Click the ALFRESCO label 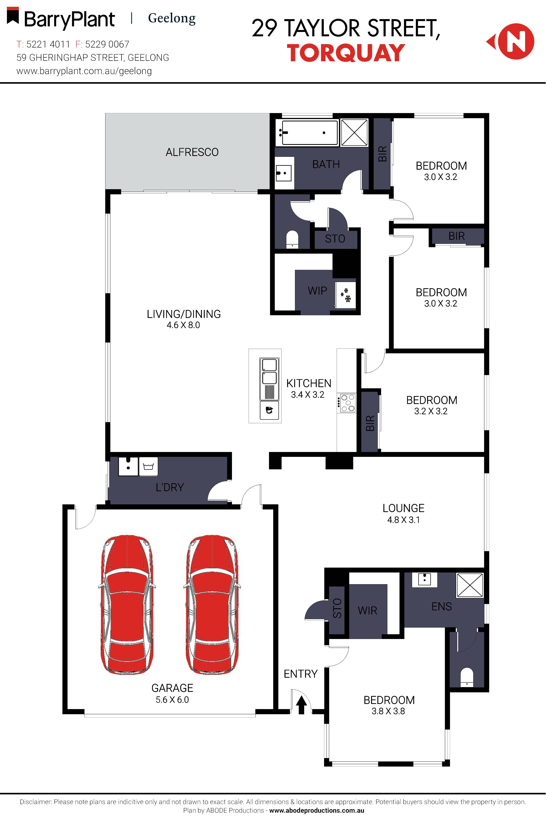coord(192,152)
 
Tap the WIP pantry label coord(317,290)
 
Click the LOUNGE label coord(403,508)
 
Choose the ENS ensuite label coord(442,606)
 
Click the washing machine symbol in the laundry coord(148,466)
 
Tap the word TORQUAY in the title coord(346,53)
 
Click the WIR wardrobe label coord(367,611)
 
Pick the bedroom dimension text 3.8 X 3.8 coord(388,711)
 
